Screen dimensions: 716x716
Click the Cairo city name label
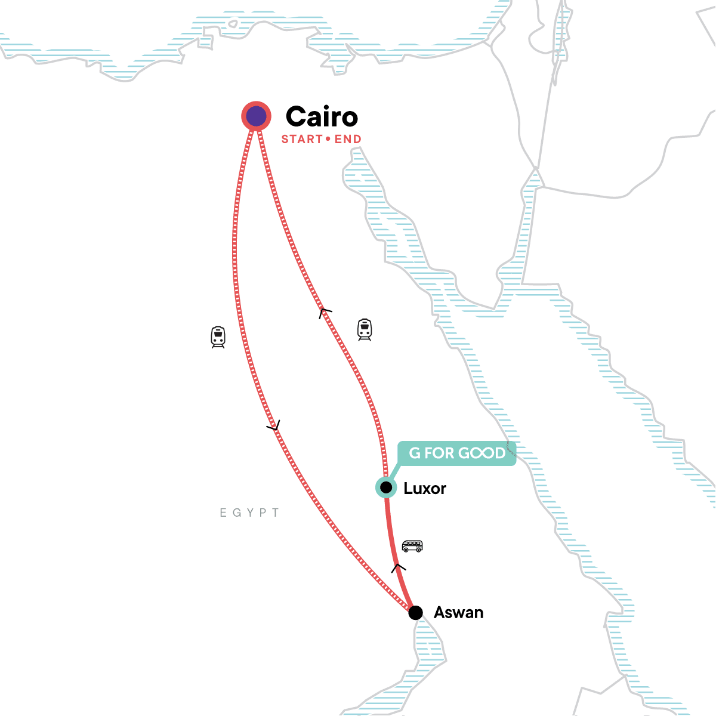tap(322, 117)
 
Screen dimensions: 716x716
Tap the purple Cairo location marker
tap(256, 116)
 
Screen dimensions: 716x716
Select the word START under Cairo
tap(302, 140)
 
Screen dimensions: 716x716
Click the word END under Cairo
tap(348, 140)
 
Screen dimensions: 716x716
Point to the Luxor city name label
tap(425, 489)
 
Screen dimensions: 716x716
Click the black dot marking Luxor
tap(386, 487)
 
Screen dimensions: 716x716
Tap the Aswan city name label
tap(458, 613)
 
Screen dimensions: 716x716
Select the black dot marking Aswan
tap(415, 613)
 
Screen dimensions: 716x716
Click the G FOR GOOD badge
tap(456, 453)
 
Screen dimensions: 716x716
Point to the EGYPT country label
tap(249, 513)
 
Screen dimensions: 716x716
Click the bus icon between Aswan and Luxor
tap(412, 545)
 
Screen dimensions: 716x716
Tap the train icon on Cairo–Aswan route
tap(218, 337)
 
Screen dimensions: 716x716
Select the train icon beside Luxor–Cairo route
tap(365, 329)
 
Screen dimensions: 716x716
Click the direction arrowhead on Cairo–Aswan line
tap(273, 426)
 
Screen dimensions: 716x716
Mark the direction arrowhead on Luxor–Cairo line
tap(325, 312)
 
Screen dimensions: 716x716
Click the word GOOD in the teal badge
tap(482, 453)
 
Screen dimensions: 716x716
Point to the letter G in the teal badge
tap(415, 453)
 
